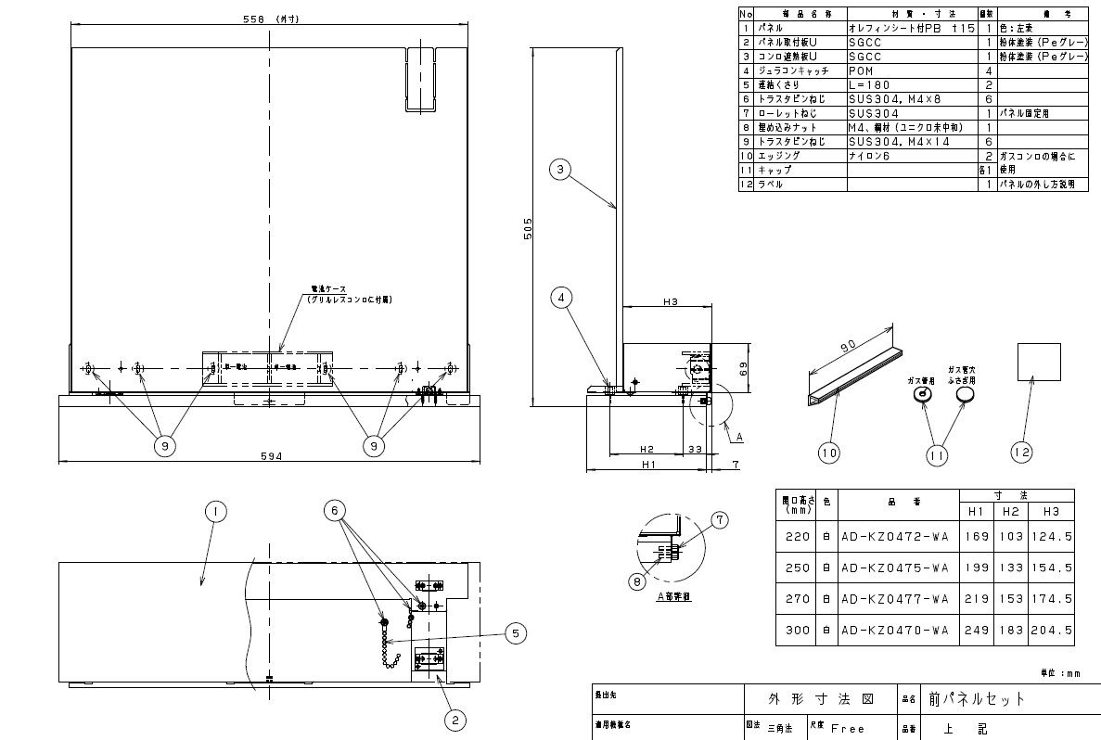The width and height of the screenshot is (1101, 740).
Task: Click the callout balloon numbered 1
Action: (214, 511)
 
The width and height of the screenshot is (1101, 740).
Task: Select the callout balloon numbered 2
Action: (454, 718)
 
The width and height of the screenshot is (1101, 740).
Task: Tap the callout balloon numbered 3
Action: (558, 169)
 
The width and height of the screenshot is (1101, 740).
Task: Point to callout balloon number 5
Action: (516, 633)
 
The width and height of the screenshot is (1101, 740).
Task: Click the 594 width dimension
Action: (270, 455)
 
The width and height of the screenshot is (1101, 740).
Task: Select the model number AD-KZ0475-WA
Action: (893, 568)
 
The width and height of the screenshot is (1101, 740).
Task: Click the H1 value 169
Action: (978, 535)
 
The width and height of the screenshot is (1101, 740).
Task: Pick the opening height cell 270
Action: (796, 599)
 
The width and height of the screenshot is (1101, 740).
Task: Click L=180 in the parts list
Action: (868, 84)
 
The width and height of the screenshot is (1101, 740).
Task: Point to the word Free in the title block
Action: (848, 729)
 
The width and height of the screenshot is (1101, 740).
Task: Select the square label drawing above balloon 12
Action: (1039, 362)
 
